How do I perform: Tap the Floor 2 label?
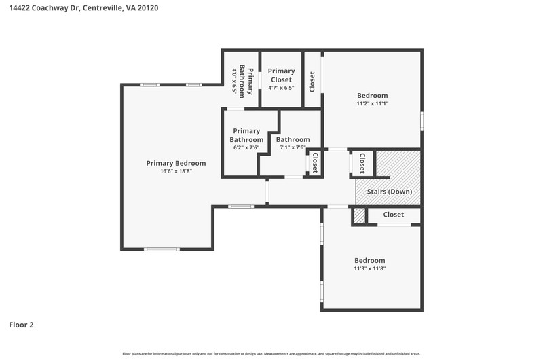click(21, 325)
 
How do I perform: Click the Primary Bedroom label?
click(176, 163)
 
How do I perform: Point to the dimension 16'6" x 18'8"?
click(176, 171)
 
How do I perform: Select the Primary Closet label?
click(281, 75)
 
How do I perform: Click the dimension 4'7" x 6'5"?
click(281, 88)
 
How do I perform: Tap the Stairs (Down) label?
click(390, 192)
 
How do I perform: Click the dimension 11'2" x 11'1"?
click(373, 103)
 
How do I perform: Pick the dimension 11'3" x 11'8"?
click(370, 268)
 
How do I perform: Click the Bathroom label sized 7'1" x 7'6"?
click(293, 140)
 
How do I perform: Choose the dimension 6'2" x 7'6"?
click(246, 147)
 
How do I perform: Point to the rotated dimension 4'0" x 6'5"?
click(234, 82)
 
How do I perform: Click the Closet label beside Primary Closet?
click(312, 82)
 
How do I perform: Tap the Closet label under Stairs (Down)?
click(394, 215)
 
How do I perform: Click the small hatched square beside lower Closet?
click(360, 216)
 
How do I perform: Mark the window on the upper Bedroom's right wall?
click(422, 121)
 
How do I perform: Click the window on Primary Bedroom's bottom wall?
click(162, 249)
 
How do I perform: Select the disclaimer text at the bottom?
click(271, 354)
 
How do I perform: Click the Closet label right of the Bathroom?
click(315, 163)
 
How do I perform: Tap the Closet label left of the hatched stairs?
click(362, 163)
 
